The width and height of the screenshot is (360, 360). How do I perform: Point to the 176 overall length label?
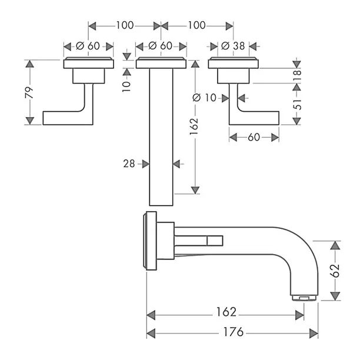tap(234, 332)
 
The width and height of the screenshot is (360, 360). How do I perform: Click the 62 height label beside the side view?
tap(335, 271)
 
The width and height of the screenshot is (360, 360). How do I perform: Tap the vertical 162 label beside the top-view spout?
tap(194, 124)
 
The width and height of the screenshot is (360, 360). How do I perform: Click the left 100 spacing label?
tap(124, 25)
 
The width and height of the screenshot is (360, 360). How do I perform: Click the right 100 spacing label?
tap(196, 25)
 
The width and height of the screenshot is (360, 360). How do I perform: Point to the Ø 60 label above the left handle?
tap(88, 45)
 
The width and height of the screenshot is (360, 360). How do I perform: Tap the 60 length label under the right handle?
tap(254, 137)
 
